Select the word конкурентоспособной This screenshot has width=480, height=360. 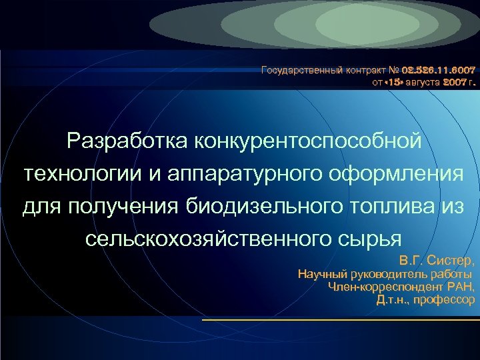coord(308,141)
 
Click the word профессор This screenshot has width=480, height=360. coord(444,300)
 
